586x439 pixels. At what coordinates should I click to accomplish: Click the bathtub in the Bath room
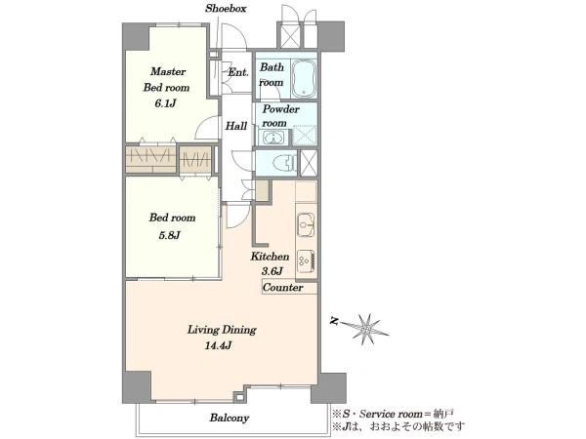coord(304,78)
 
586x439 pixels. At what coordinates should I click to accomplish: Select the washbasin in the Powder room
coord(273,138)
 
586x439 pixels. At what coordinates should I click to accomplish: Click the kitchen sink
coord(306,224)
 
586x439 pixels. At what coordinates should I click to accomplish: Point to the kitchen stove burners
coord(306,261)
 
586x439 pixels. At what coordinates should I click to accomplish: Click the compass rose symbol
coord(365,329)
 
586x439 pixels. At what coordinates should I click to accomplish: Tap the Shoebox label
coord(226,9)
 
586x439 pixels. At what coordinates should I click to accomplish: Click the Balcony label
coord(230,418)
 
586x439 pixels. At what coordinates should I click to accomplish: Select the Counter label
coord(282,288)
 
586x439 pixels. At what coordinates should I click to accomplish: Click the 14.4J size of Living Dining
coord(218,346)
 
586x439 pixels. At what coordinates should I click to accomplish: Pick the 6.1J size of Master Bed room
coord(165,103)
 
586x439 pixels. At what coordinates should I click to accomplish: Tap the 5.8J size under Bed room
coord(169,235)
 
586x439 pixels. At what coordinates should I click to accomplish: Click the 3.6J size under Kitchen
coord(272,271)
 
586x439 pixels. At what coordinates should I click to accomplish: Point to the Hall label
coord(236,126)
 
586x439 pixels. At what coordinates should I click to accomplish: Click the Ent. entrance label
coord(238,72)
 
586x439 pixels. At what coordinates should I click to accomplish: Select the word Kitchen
coord(270,257)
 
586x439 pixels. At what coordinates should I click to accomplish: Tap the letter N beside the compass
coord(334,321)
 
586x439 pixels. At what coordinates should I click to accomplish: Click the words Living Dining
coord(222,330)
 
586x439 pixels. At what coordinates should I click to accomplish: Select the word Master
coord(168,71)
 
